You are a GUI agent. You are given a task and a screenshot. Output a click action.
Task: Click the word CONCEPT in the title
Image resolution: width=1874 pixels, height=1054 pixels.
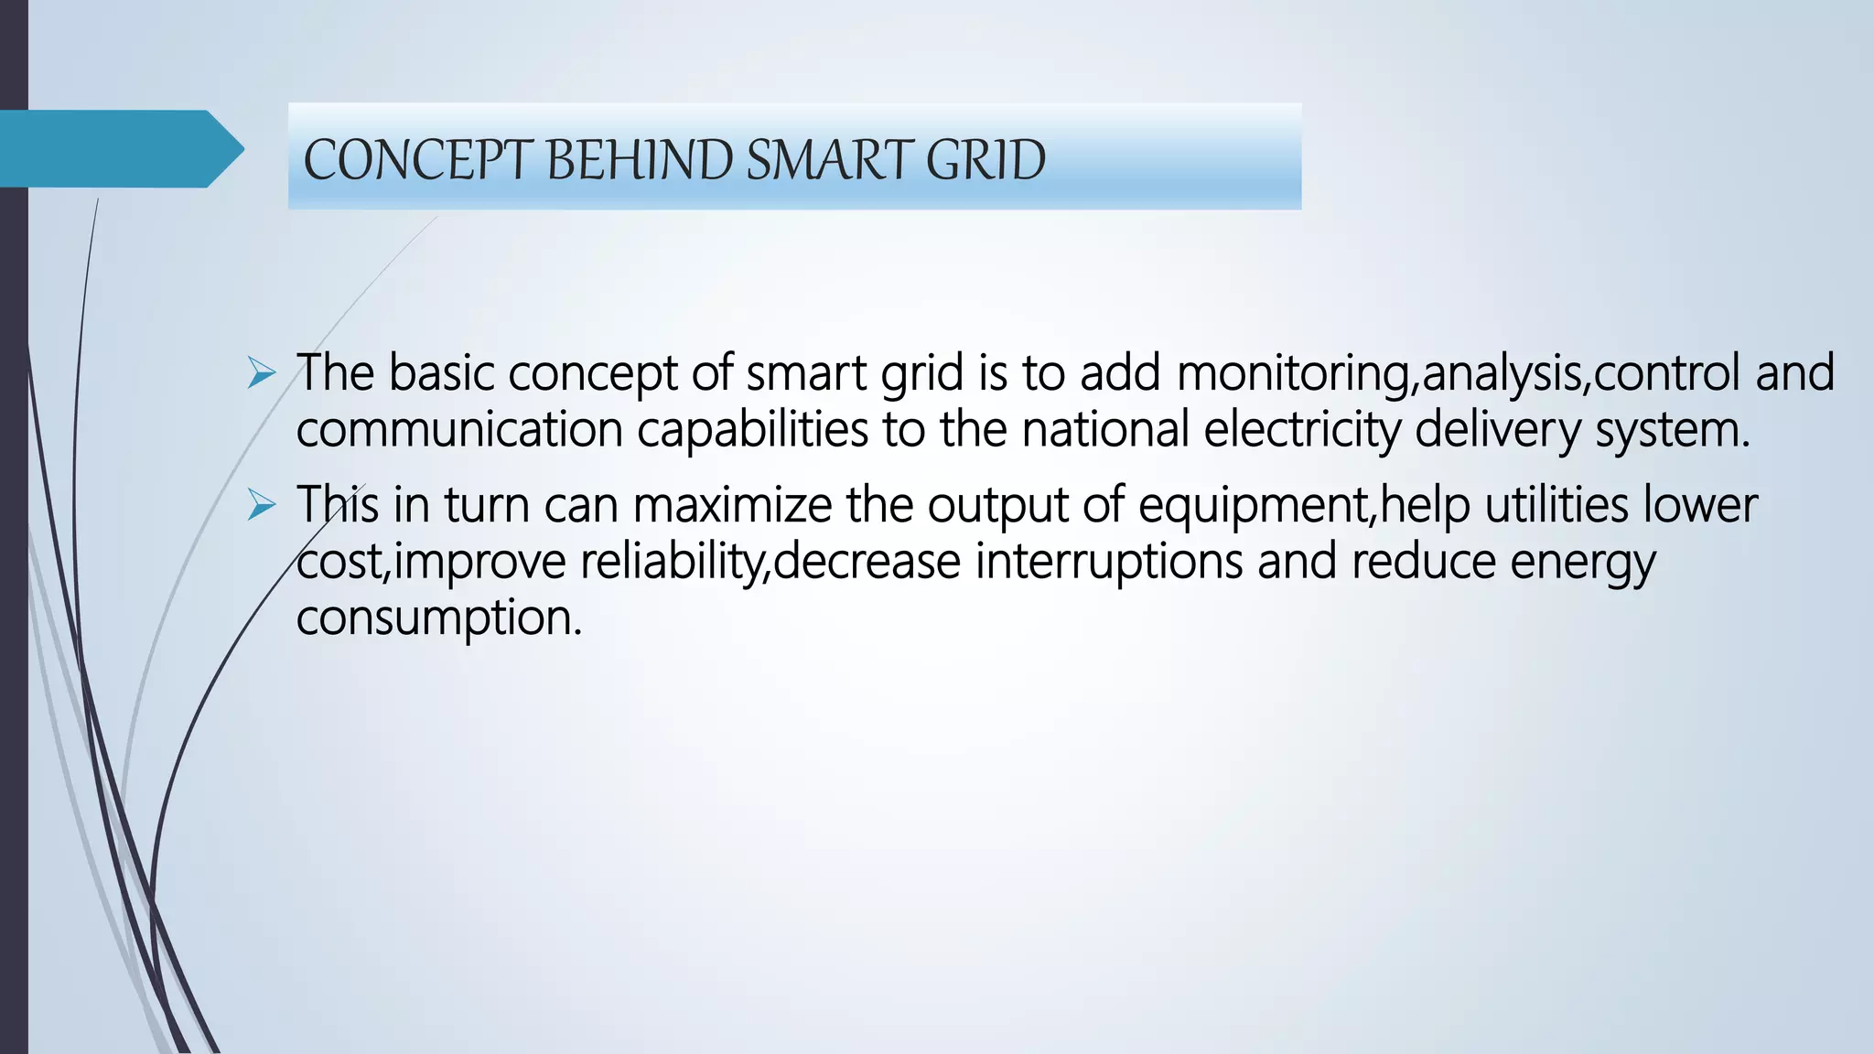pyautogui.click(x=417, y=160)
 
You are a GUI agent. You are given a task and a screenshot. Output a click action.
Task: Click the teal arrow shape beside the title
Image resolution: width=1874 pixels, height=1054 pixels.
pyautogui.click(x=119, y=148)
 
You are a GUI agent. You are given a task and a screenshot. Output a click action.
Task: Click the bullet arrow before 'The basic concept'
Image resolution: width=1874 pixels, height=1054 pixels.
pyautogui.click(x=262, y=374)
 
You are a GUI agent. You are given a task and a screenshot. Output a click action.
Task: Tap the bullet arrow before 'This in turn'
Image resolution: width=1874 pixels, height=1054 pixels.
pyautogui.click(x=262, y=506)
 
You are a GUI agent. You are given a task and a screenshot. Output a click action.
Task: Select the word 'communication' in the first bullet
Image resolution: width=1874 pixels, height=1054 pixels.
pyautogui.click(x=459, y=430)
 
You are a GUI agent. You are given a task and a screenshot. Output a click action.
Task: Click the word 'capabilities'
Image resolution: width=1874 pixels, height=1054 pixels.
pyautogui.click(x=752, y=430)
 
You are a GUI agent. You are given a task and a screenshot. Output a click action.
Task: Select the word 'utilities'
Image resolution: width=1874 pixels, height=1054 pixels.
pyautogui.click(x=1556, y=506)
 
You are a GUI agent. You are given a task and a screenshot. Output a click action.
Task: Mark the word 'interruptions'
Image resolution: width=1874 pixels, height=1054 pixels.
pyautogui.click(x=1108, y=562)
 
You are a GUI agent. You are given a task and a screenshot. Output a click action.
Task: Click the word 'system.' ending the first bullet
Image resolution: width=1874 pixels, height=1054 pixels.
pyautogui.click(x=1672, y=430)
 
